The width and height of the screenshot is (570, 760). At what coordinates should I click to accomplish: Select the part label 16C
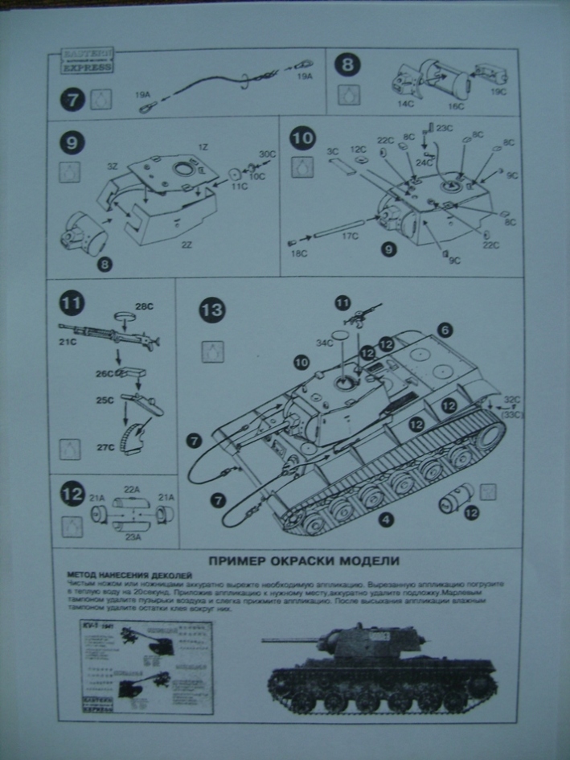455,106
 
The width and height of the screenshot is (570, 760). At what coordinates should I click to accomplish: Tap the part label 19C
500,92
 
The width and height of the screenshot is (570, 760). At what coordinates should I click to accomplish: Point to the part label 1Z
203,149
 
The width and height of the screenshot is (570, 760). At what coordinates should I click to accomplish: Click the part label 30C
267,154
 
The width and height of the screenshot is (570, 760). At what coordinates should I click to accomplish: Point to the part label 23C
445,127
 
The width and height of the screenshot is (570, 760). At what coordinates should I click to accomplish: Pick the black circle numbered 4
387,520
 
